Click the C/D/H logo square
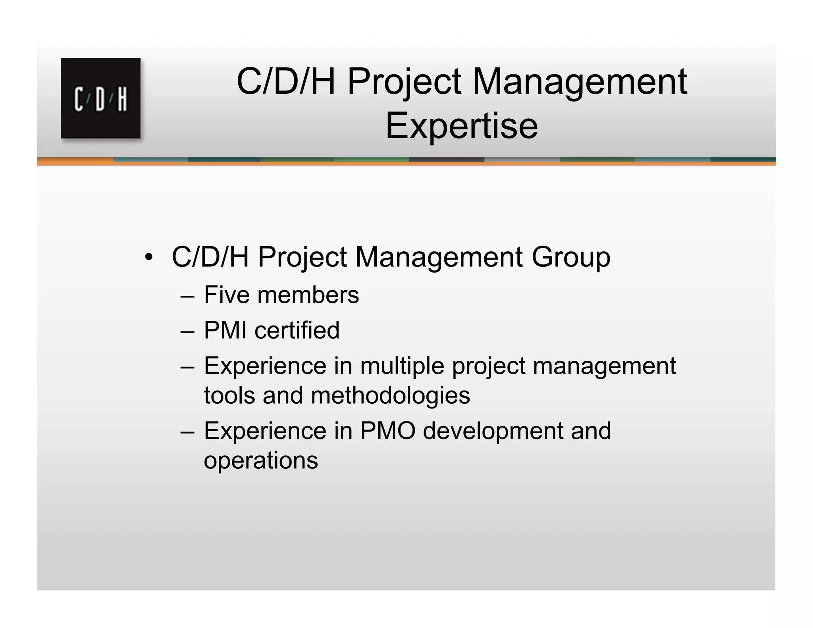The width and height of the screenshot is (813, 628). coord(101,98)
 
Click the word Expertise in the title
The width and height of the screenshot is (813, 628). coord(461,126)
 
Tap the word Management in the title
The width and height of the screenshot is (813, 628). coord(579,82)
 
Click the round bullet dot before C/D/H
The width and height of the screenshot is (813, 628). coord(148,257)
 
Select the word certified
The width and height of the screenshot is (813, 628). coord(297,330)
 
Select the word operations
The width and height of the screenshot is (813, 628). coord(261,460)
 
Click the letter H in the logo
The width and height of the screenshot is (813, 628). coord(122,99)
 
